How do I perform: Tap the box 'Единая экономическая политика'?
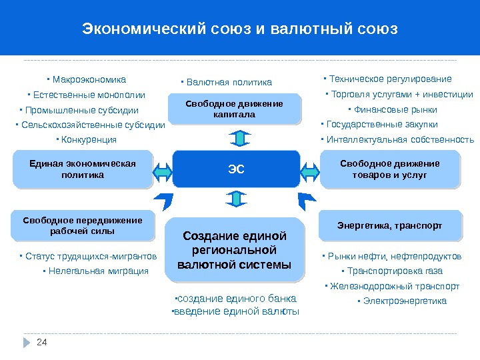click(83, 169)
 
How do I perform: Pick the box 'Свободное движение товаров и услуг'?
click(390, 169)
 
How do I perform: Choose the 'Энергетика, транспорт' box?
click(390, 226)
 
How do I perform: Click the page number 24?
click(43, 342)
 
